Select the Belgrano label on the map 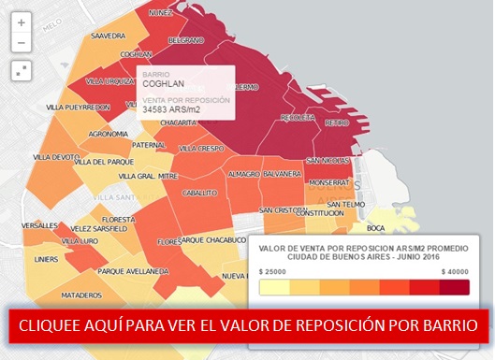pos(185,41)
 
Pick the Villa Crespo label pos(201,148)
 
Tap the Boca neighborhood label pos(376,228)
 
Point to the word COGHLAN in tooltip pos(164,83)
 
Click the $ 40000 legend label pos(454,270)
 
